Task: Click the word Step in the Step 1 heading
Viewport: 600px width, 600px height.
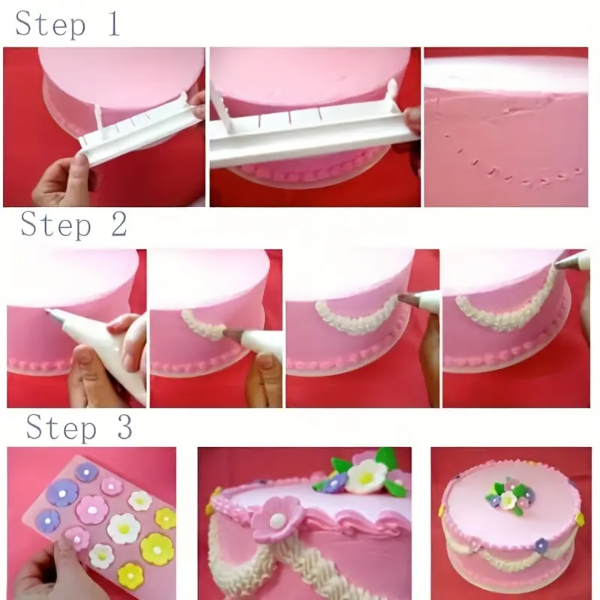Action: tap(49, 24)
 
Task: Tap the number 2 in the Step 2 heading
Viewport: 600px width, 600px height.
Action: tap(118, 224)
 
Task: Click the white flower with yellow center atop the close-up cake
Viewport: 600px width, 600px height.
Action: tap(367, 475)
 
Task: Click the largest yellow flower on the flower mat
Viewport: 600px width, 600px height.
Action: tap(157, 548)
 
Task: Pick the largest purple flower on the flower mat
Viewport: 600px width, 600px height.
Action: tap(61, 493)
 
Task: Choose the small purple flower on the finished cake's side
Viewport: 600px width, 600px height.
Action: tap(541, 545)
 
